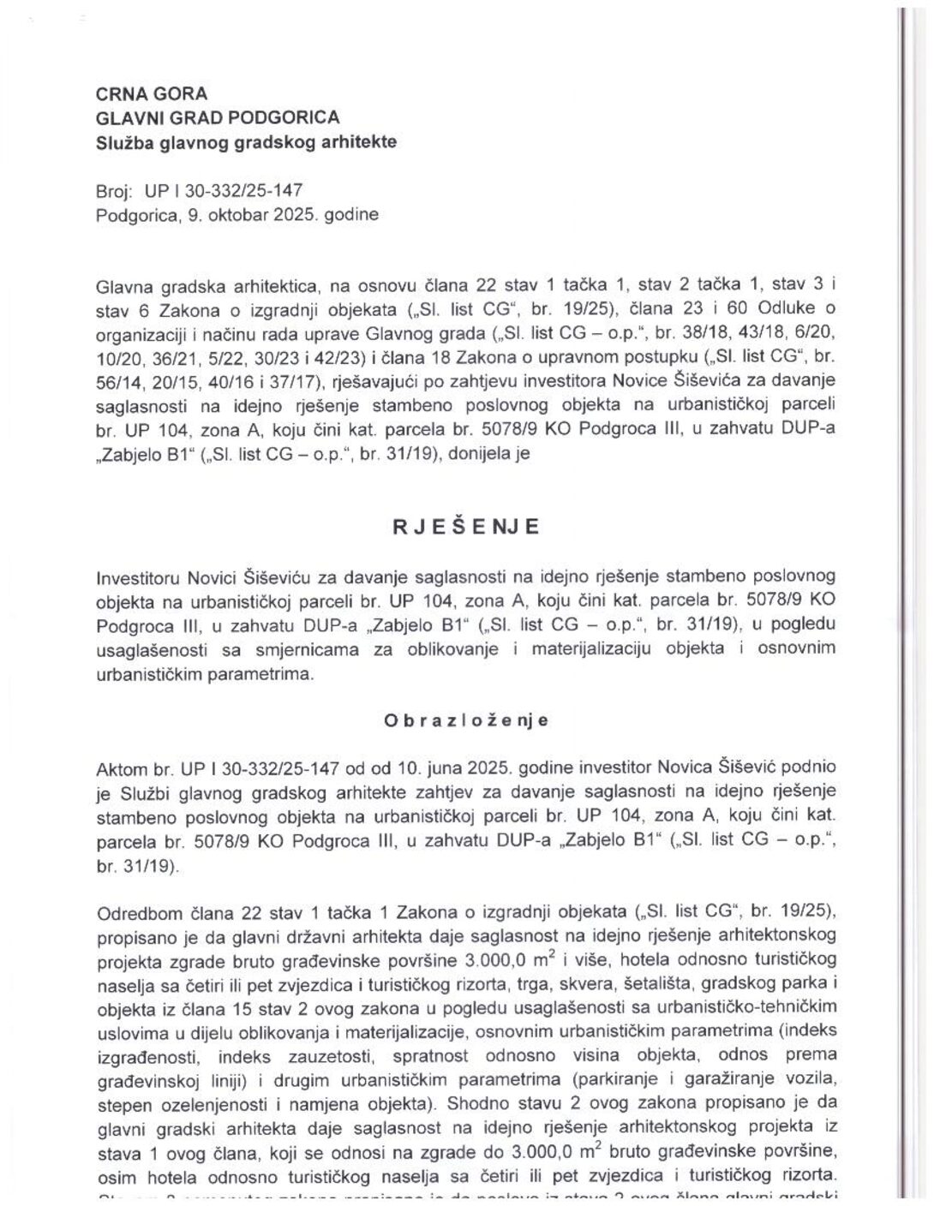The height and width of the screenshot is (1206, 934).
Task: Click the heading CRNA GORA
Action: [151, 93]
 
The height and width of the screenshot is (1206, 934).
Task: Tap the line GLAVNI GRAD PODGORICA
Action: [218, 117]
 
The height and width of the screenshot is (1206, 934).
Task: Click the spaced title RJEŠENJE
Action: [466, 527]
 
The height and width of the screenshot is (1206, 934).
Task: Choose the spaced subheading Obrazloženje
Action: [466, 720]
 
